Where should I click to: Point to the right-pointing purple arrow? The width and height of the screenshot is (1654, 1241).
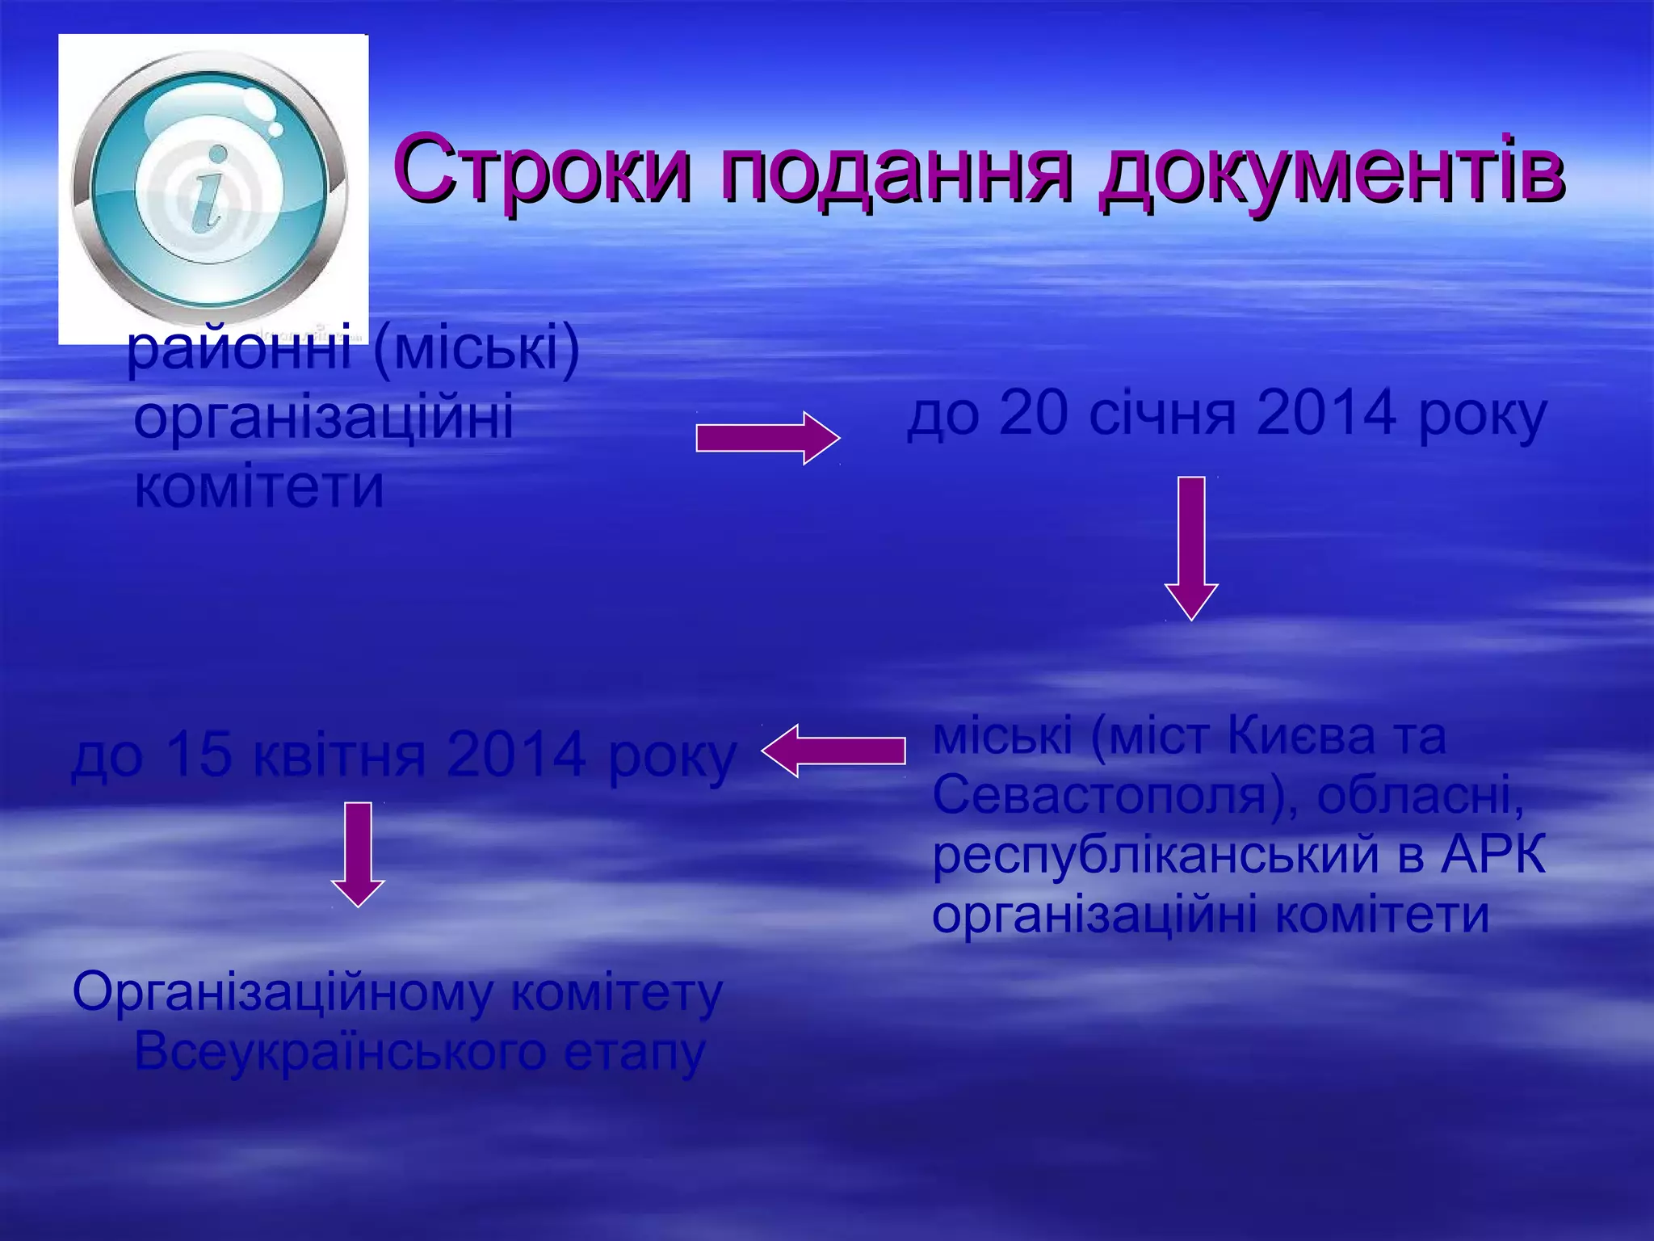tap(767, 439)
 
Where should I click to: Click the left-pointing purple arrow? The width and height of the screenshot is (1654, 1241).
tap(833, 751)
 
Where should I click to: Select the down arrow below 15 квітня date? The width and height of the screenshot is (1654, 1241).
tap(358, 854)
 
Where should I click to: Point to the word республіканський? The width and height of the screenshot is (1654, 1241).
tap(1155, 855)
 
